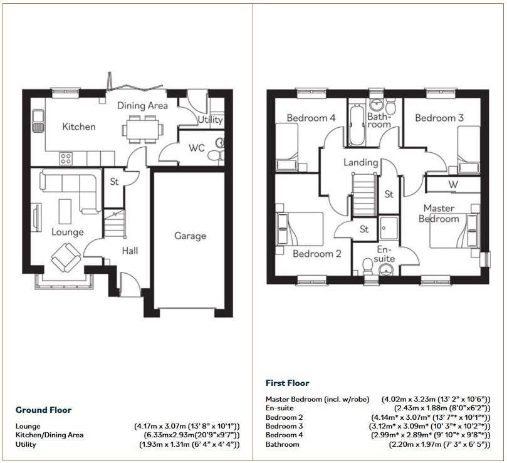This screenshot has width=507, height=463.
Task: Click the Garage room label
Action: tap(190, 236)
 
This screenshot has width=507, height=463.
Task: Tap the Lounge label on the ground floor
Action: tap(67, 232)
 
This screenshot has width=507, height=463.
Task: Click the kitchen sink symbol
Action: tap(39, 120)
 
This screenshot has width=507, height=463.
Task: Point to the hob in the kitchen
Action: tap(65, 157)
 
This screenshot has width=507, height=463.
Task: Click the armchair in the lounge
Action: tap(65, 257)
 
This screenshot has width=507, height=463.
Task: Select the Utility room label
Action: tap(210, 120)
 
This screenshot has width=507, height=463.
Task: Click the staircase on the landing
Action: tap(363, 195)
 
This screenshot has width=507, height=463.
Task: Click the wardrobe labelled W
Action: tap(452, 185)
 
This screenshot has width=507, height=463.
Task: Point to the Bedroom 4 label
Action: tap(311, 118)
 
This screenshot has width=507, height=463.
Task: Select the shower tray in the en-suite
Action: tap(388, 227)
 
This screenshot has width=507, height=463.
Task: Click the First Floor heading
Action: tap(287, 383)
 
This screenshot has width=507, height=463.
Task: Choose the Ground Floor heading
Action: tap(43, 410)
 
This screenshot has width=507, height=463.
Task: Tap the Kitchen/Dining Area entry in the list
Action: tap(50, 435)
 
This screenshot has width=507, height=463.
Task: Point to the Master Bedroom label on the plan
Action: tap(439, 213)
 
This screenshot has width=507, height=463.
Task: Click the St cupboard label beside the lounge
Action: tap(114, 183)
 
